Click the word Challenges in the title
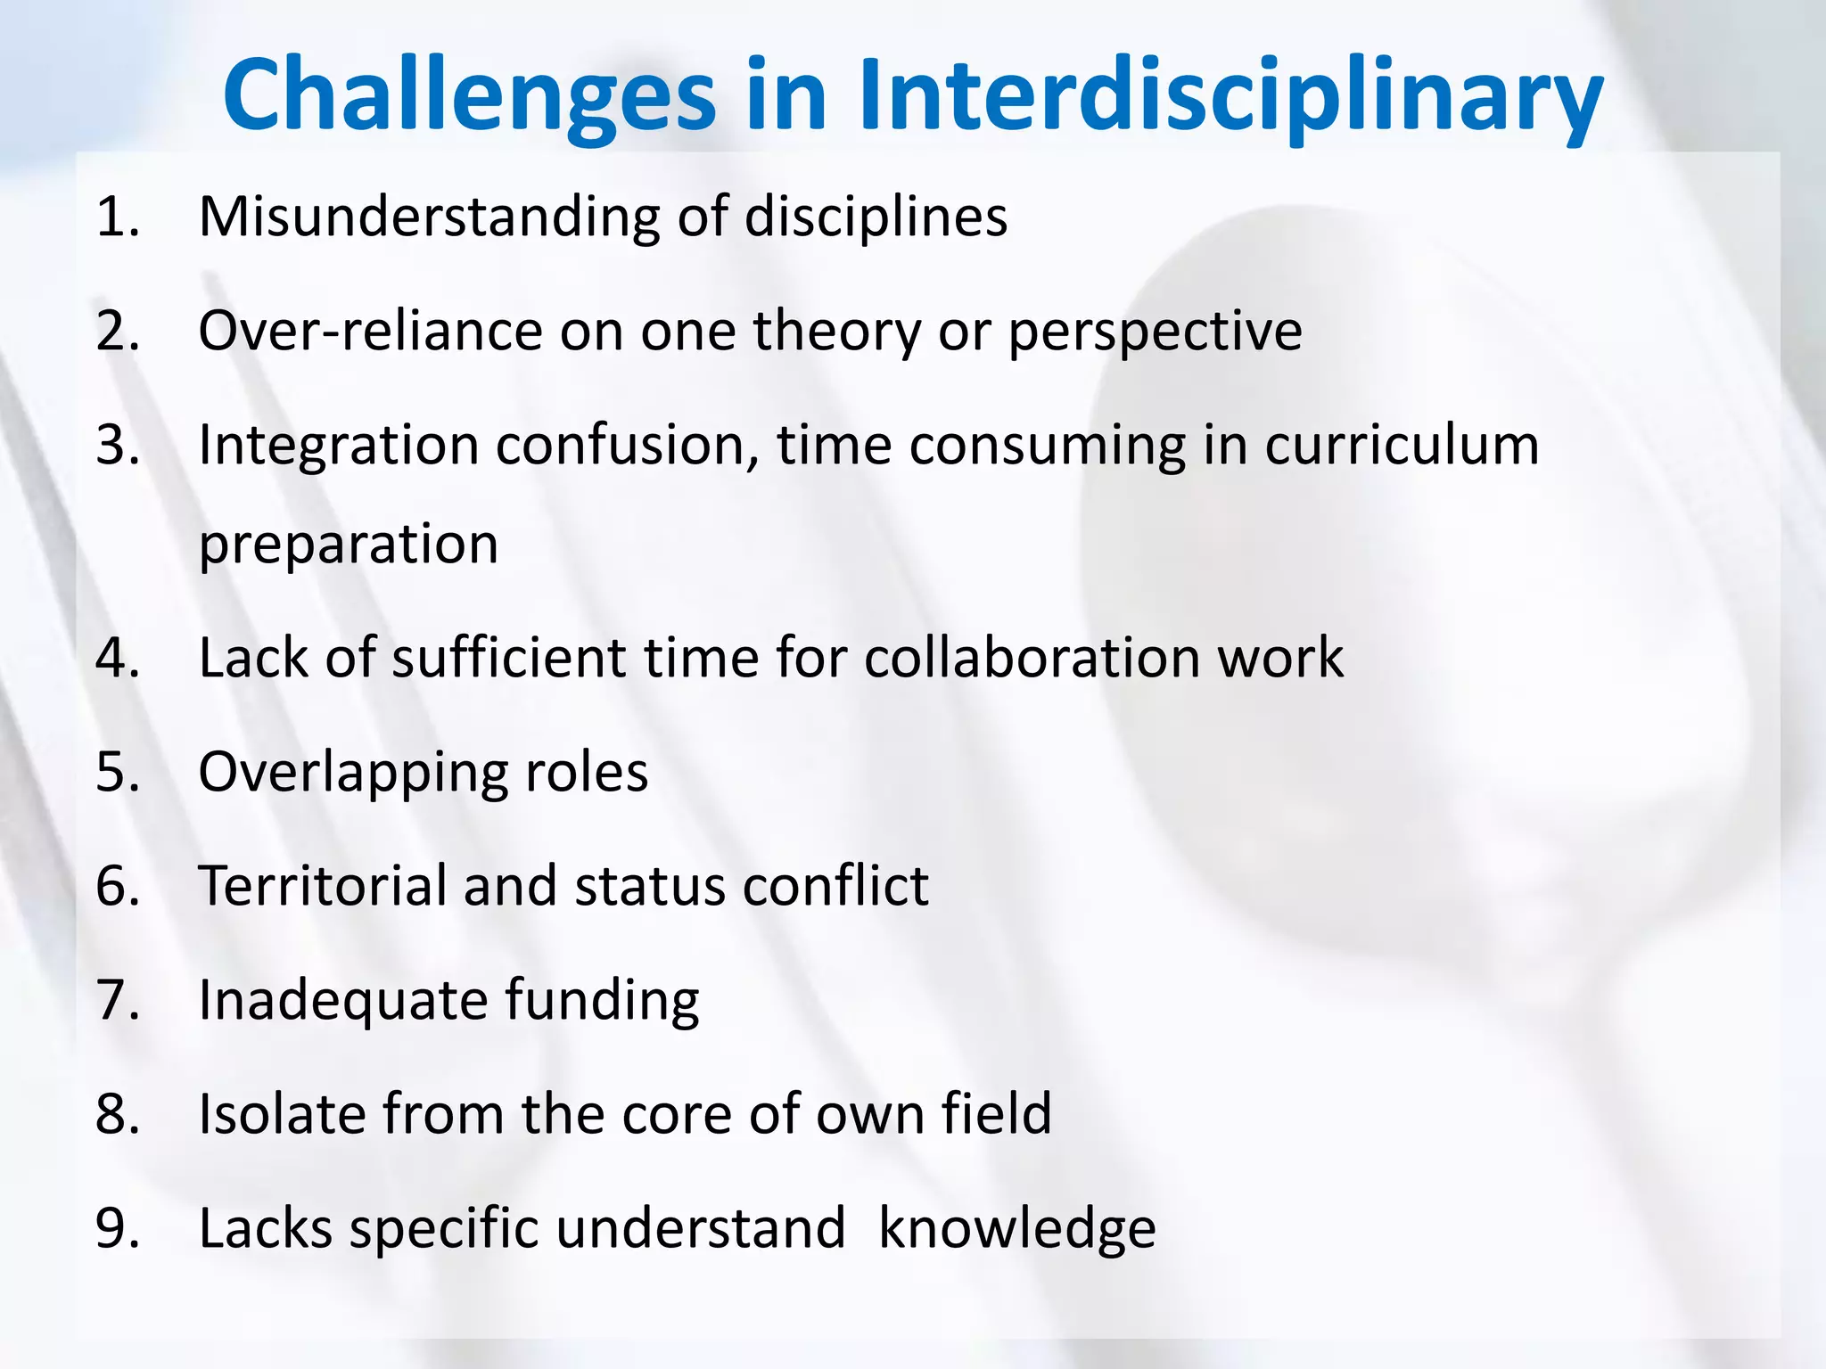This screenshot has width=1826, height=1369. click(469, 96)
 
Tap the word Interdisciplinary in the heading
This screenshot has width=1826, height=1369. click(1230, 96)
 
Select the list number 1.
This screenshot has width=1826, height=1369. click(117, 217)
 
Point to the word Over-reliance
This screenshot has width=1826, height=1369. click(370, 331)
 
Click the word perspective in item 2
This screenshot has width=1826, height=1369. click(1155, 331)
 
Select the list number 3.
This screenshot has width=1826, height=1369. click(117, 445)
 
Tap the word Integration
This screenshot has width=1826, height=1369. click(339, 445)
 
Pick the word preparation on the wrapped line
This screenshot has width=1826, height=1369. click(348, 544)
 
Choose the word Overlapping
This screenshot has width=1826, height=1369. click(352, 772)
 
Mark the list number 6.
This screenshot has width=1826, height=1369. click(117, 886)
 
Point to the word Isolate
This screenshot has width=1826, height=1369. click(281, 1114)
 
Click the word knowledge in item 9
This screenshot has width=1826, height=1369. click(1016, 1228)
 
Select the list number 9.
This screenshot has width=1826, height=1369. click(117, 1228)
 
